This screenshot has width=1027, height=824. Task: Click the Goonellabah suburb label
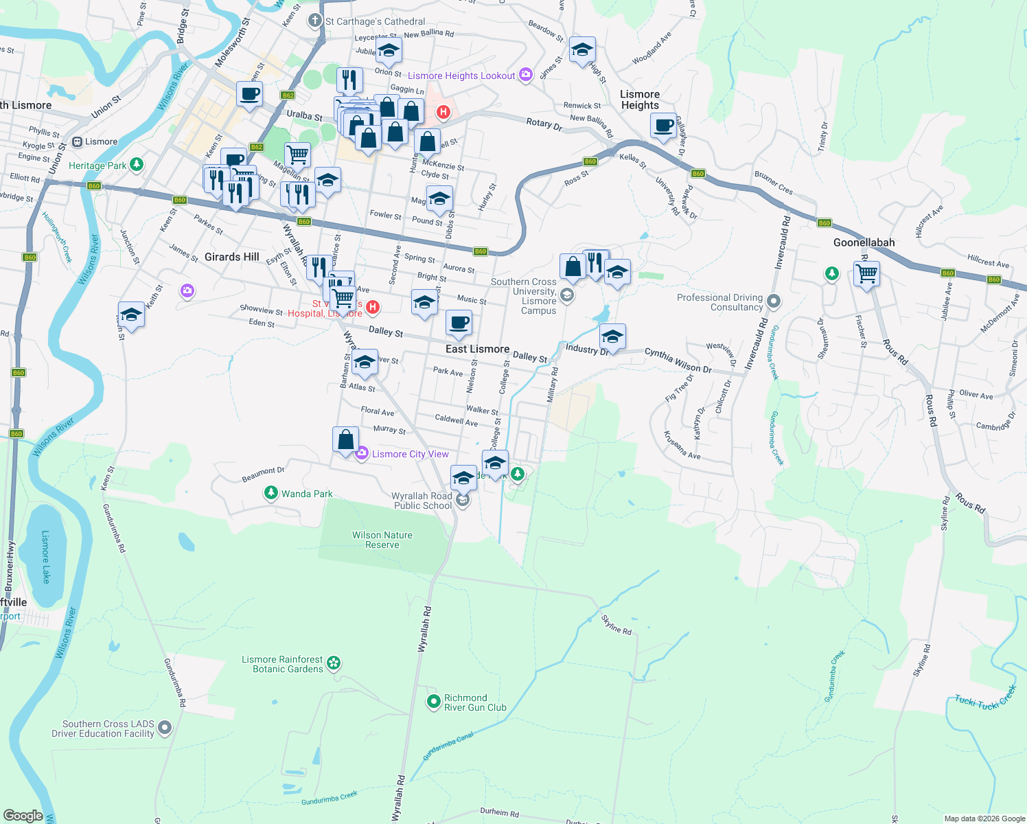[864, 242]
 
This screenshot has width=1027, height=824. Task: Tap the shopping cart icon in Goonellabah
[866, 273]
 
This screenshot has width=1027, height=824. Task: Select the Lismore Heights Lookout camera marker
[526, 75]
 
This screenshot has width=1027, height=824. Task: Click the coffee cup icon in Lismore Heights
[663, 126]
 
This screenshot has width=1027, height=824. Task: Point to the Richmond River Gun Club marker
[433, 702]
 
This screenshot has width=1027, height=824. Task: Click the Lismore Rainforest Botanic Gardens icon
[334, 663]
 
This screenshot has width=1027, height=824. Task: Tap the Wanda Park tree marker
[271, 493]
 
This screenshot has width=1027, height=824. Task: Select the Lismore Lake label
[46, 556]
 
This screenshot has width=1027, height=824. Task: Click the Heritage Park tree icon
[137, 164]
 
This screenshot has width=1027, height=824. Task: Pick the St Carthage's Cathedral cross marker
[314, 21]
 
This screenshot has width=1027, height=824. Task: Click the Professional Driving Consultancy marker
[774, 301]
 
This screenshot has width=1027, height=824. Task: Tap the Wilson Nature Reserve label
[382, 540]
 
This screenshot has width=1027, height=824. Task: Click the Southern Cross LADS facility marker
[165, 728]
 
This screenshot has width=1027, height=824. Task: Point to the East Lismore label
[477, 349]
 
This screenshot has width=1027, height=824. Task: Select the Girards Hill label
[232, 257]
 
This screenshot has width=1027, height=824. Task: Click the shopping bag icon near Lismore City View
[345, 439]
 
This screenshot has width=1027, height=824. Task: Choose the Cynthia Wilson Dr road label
[678, 360]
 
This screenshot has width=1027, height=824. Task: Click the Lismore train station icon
[77, 141]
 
